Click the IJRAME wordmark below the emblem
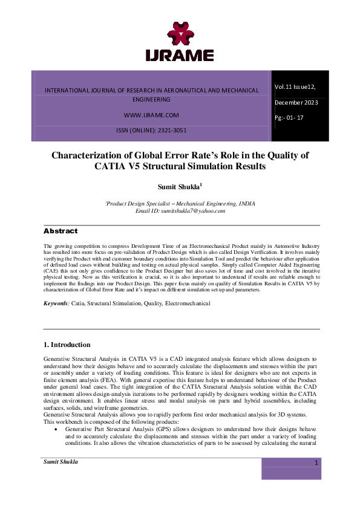pos(180,55)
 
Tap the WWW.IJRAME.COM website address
pos(151,114)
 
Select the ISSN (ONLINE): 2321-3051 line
pos(151,130)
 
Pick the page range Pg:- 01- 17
pos(289,117)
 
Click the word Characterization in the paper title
pos(98,155)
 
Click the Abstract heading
pos(61,232)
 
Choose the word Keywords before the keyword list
pos(56,302)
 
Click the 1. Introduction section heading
pos(67,345)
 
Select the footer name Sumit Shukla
pos(61,462)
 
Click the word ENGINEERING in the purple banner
pos(151,99)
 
